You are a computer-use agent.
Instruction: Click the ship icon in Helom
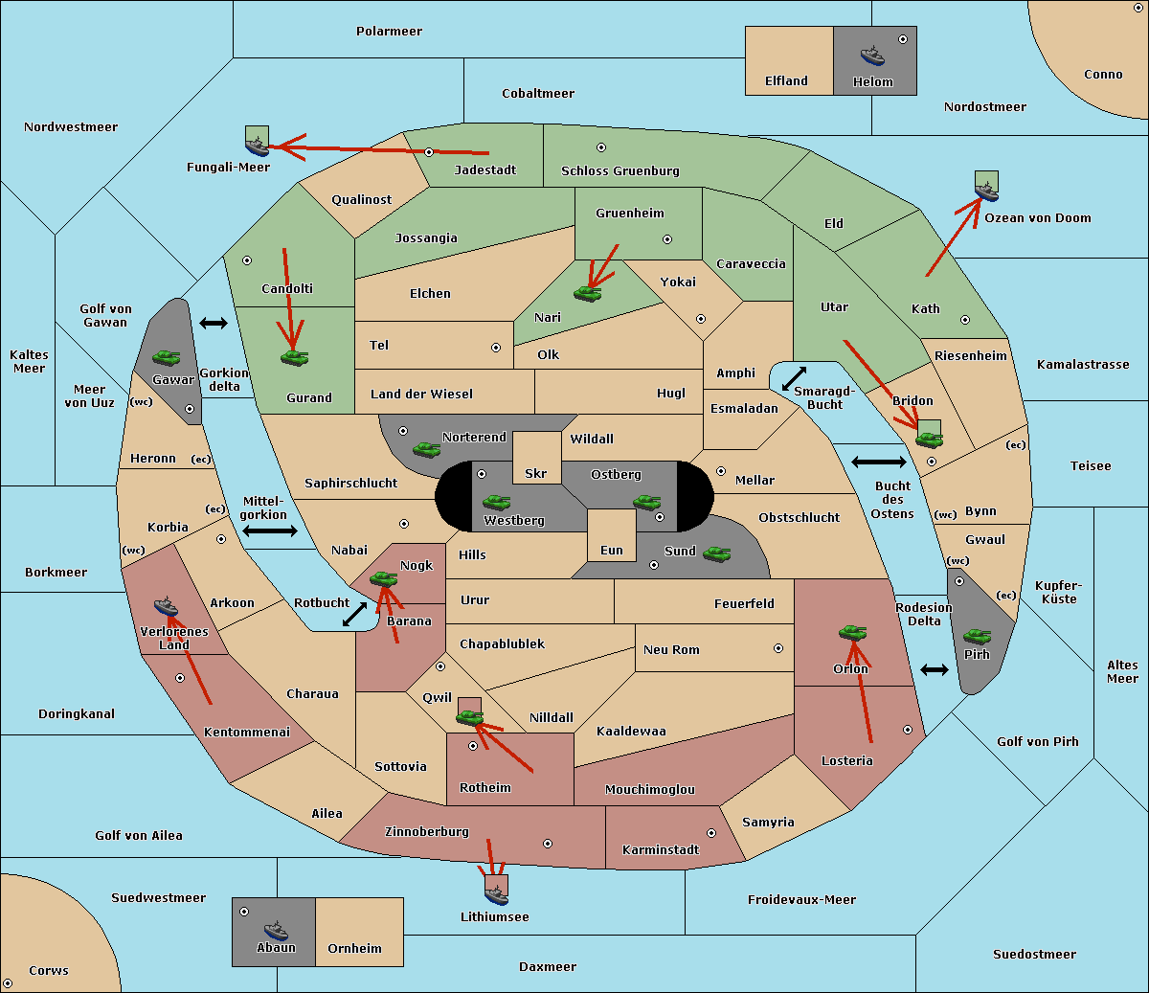tap(872, 56)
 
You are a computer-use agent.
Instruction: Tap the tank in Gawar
tap(167, 357)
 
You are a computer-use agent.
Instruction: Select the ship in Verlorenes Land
tap(166, 606)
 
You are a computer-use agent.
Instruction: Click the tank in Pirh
tap(977, 636)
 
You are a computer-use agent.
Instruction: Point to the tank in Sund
tap(716, 553)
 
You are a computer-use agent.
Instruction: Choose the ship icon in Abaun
tap(276, 931)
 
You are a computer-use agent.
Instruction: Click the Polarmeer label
tap(389, 32)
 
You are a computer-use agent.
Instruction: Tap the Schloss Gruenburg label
tap(620, 170)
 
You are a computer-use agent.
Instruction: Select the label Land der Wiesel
tap(421, 395)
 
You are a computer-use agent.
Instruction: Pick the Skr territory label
tap(535, 473)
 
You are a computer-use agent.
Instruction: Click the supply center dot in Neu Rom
tap(778, 648)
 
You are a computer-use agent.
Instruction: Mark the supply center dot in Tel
tap(496, 348)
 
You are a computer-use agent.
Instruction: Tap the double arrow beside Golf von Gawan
tap(214, 323)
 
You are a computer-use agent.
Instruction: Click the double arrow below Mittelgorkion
tap(270, 530)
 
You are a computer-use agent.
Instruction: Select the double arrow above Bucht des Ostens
tap(879, 462)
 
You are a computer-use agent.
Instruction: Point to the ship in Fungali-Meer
tap(257, 147)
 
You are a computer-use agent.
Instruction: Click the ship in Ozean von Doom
tap(986, 191)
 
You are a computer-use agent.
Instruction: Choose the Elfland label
tap(786, 81)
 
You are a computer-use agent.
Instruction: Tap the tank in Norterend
tap(426, 449)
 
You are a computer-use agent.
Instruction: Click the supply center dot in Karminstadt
tap(711, 833)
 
